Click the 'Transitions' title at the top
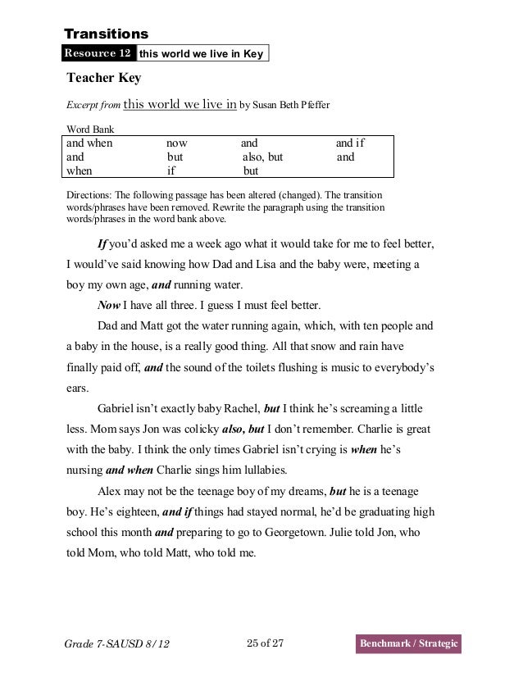106,34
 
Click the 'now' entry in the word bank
177,143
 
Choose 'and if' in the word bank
350,143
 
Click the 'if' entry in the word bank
171,171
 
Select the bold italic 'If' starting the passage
103,245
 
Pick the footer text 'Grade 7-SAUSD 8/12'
116,646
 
